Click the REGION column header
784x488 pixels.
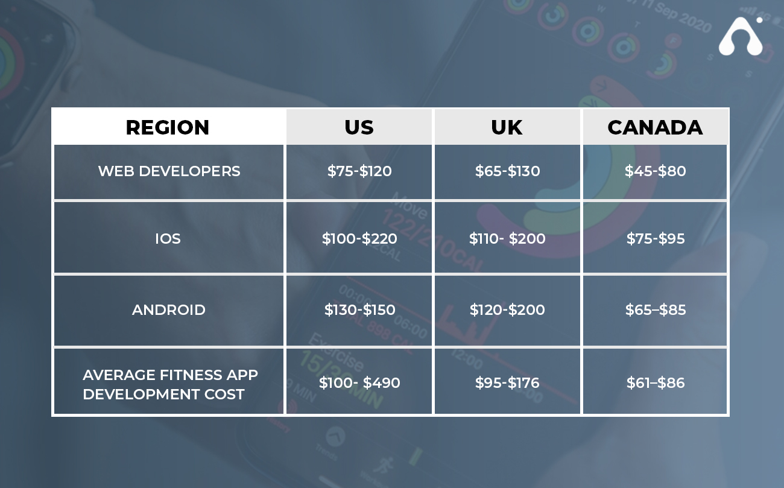(167, 127)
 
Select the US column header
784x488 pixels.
(359, 127)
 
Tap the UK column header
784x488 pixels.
(507, 127)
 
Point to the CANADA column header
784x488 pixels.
(655, 127)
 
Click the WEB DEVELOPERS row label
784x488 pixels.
(169, 171)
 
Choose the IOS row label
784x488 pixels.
(168, 239)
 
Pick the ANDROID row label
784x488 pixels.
(169, 310)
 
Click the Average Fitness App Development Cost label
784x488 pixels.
(170, 384)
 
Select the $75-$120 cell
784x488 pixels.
(359, 171)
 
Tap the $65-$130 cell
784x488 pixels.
(508, 171)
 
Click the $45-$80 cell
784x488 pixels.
(655, 171)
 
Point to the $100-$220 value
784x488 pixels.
(359, 239)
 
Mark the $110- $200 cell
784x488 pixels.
(507, 239)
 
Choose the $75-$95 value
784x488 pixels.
(656, 239)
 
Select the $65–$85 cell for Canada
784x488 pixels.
(656, 310)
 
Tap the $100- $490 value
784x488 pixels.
(359, 382)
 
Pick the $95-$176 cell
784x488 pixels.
(507, 382)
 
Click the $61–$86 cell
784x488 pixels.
(656, 382)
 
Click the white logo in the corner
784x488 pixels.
(741, 36)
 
